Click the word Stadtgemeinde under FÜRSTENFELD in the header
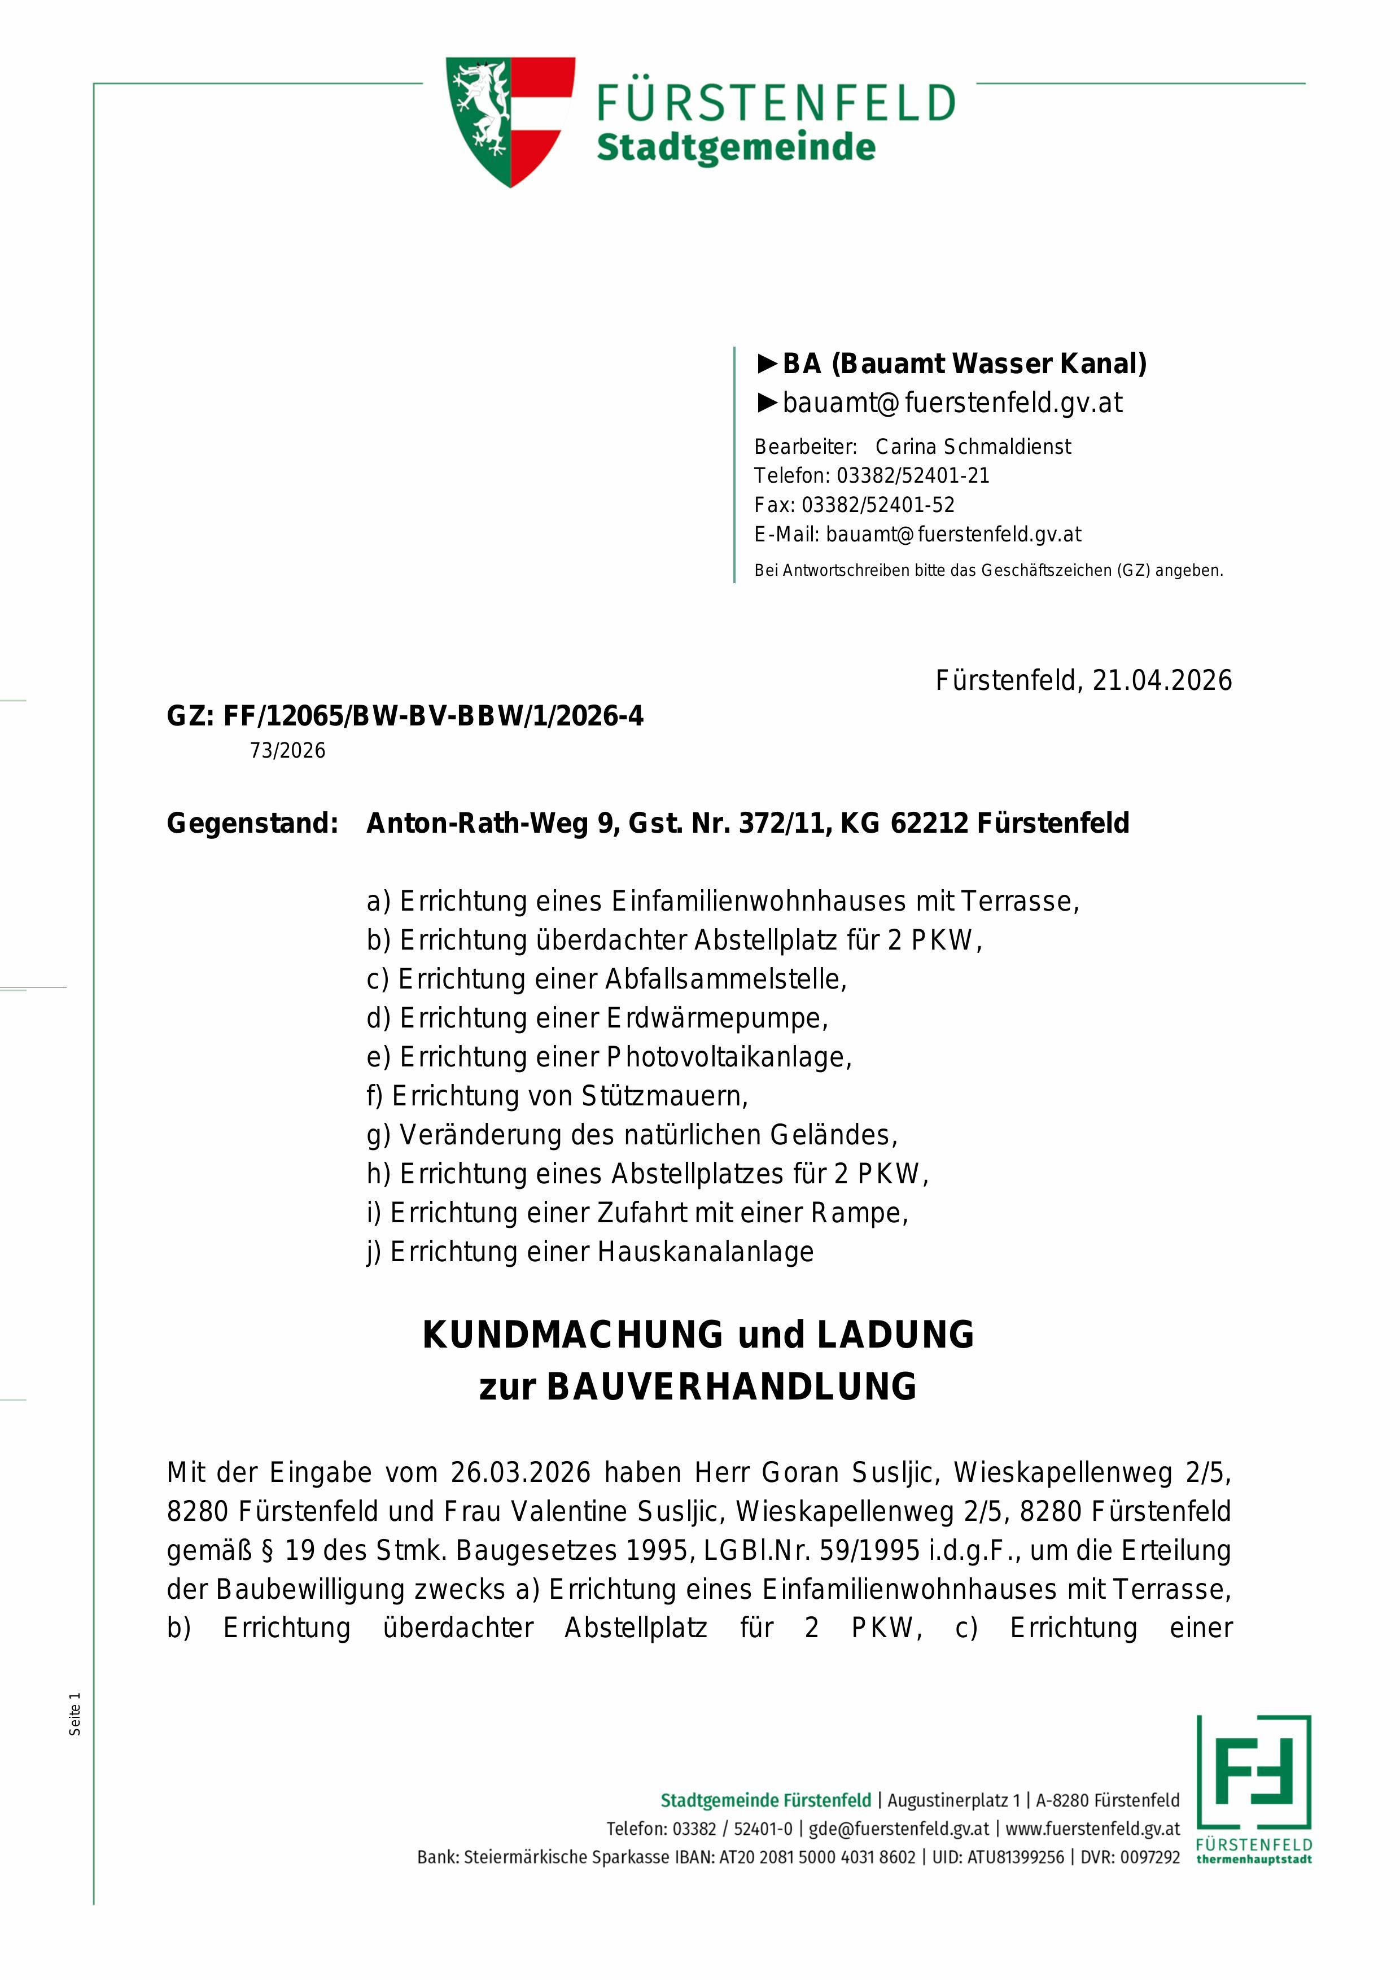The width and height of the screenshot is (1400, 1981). coord(735,147)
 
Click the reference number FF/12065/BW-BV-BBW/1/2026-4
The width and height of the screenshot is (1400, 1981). coord(433,716)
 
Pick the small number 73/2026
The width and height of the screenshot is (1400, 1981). coord(287,751)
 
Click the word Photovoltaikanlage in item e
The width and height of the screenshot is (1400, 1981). coord(729,1057)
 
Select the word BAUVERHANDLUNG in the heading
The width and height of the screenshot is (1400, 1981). coord(732,1387)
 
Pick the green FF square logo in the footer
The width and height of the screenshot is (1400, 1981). coord(1253,1772)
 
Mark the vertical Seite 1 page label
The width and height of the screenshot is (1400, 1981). coord(75,1713)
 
